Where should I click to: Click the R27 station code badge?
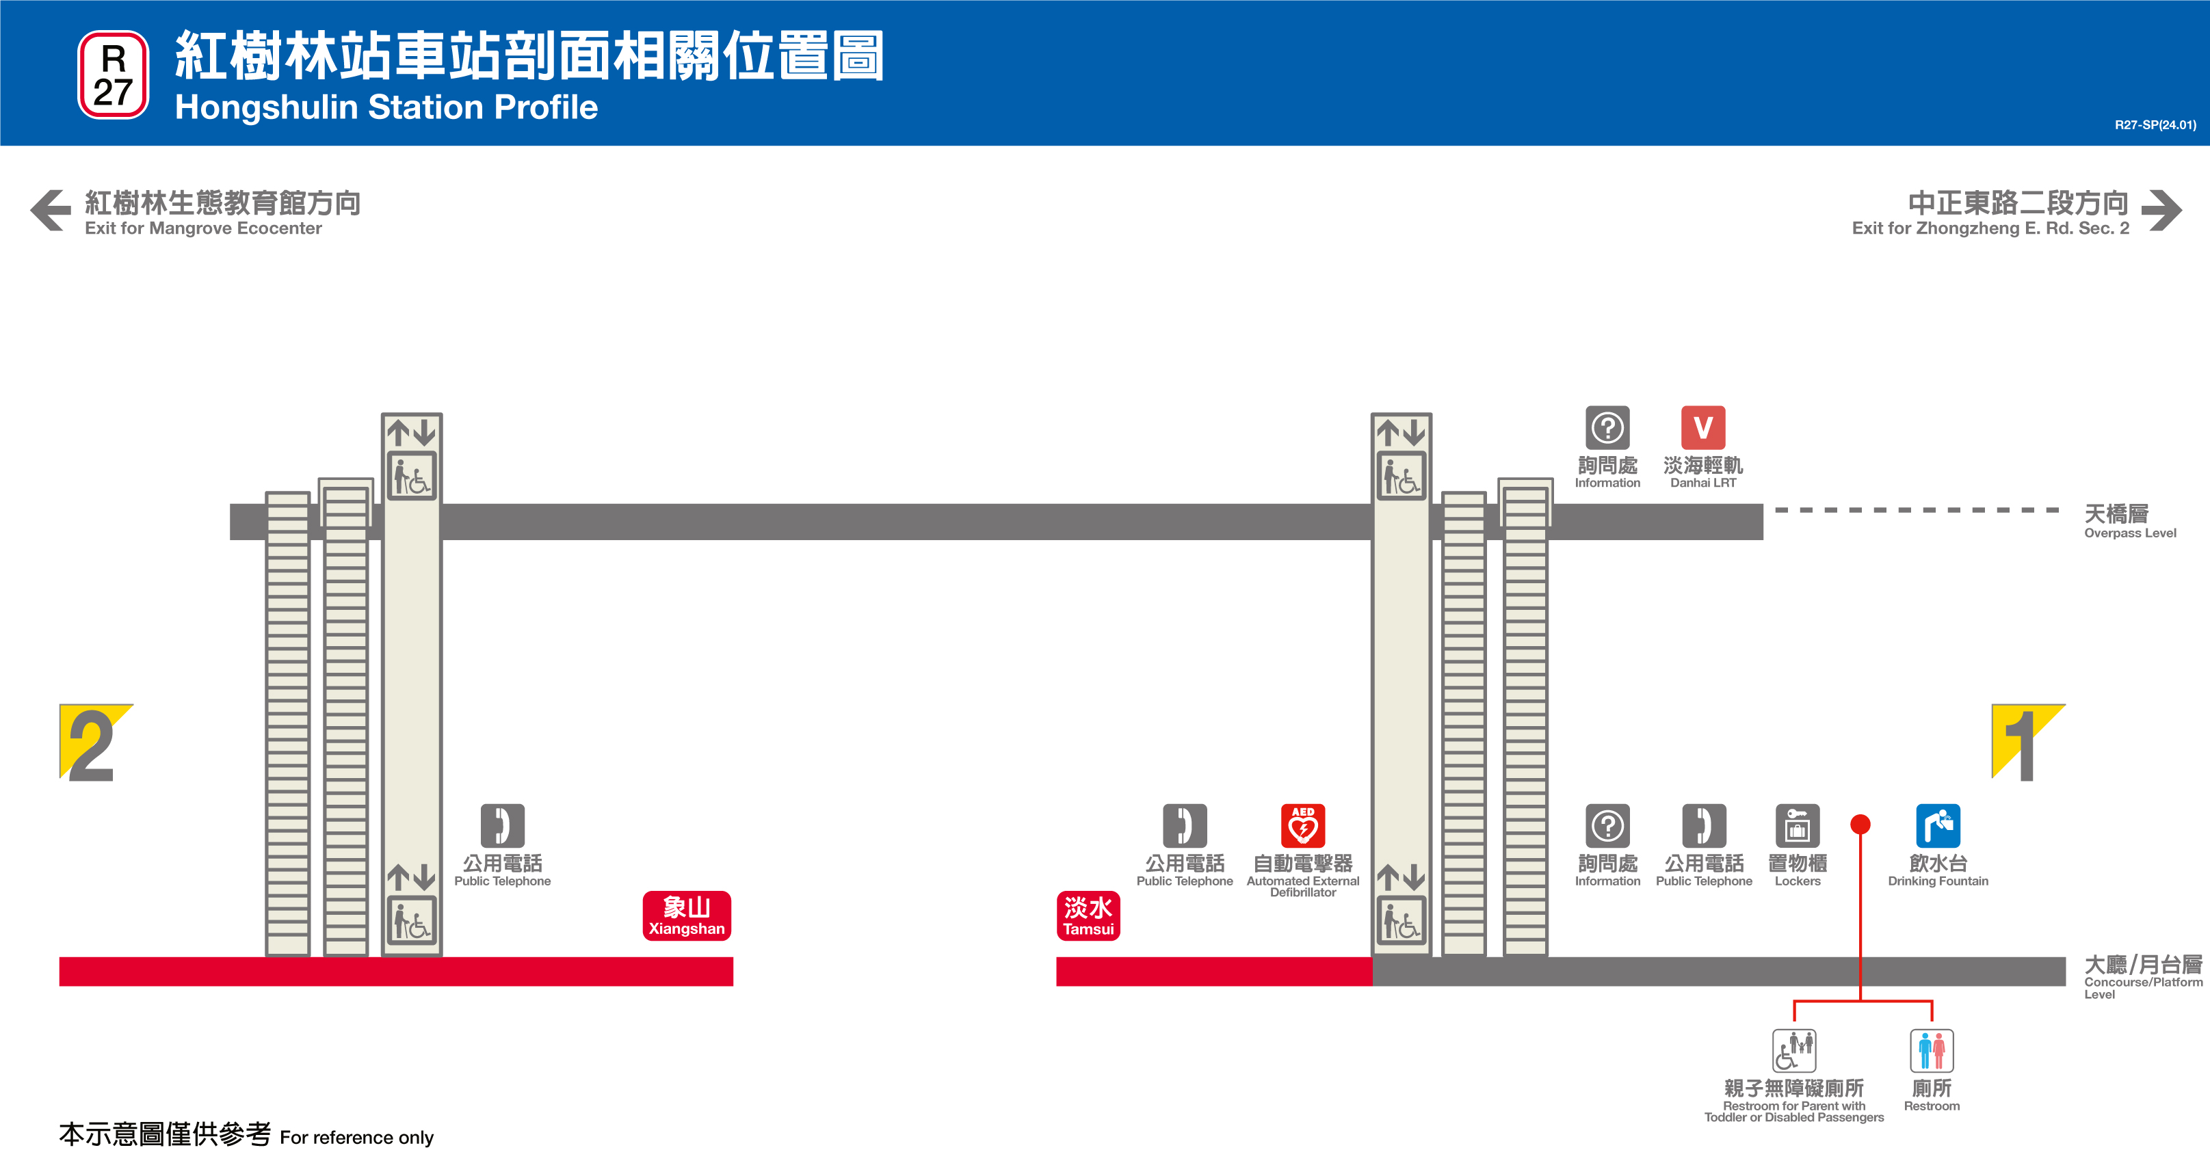click(x=114, y=75)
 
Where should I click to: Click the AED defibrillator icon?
click(x=1302, y=825)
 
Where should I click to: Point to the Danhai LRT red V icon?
click(x=1703, y=427)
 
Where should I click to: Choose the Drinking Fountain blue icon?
click(x=1937, y=825)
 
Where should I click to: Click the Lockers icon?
click(x=1798, y=825)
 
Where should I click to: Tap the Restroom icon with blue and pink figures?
click(x=1931, y=1051)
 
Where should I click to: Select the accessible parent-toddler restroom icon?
click(x=1794, y=1051)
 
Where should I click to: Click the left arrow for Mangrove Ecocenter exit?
click(x=51, y=210)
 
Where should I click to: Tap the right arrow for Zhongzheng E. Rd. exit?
click(x=2161, y=210)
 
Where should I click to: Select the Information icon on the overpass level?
click(x=1607, y=427)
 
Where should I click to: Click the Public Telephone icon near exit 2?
click(x=502, y=825)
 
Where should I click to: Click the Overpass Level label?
click(x=2129, y=520)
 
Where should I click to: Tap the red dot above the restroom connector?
click(x=1860, y=825)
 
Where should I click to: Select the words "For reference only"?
click(x=356, y=1137)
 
